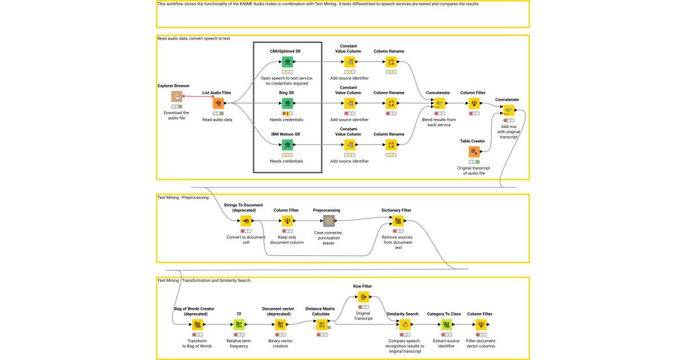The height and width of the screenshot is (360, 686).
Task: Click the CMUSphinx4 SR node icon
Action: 287,62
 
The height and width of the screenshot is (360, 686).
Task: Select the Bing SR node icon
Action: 287,103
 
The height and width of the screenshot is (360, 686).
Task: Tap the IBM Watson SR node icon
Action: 287,145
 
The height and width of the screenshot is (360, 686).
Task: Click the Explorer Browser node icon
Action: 177,97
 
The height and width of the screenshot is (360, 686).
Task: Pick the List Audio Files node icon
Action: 218,103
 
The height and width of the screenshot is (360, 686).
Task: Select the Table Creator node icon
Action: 474,151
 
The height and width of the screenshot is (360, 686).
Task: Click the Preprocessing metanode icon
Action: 329,221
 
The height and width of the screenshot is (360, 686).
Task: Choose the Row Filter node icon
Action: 364,297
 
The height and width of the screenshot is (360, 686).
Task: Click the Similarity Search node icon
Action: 405,325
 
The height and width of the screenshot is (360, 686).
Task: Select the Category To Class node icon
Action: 447,325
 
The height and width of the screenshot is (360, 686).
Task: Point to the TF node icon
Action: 239,325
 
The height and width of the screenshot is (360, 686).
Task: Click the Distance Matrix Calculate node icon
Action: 322,325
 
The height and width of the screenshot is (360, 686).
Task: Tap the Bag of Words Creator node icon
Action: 197,325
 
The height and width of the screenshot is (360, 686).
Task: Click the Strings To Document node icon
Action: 246,221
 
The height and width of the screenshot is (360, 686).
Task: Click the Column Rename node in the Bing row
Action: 391,103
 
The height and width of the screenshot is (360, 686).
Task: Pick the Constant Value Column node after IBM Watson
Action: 349,145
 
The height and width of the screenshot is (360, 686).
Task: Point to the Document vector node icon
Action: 280,325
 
